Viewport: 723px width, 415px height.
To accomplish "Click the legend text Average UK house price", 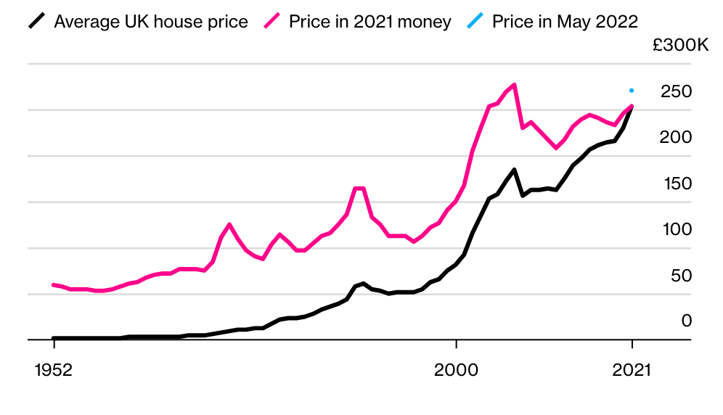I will click(150, 22).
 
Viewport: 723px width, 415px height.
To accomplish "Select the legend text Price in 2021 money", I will click(369, 22).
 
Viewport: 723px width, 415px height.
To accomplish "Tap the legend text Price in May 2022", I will click(565, 22).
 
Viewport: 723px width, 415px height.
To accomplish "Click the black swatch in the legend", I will click(38, 22).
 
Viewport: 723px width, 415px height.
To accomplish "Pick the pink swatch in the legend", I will click(273, 22).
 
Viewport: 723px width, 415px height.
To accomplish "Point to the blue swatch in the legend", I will click(476, 22).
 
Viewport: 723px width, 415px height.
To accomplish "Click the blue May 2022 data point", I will click(632, 91).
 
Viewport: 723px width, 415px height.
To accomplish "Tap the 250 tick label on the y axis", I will click(676, 91).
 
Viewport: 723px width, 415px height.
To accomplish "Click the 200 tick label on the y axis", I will click(676, 137).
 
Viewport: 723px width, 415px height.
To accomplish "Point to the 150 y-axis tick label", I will click(677, 184).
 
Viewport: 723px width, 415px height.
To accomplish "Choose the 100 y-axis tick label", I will click(677, 229).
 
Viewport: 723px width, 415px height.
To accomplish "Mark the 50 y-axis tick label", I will click(680, 276).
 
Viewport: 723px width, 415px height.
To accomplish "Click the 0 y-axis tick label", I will click(686, 321).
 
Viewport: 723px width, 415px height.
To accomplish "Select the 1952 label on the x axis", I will click(54, 369).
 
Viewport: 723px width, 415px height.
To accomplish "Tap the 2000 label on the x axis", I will click(456, 369).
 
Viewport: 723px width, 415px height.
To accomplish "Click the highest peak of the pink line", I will click(514, 85).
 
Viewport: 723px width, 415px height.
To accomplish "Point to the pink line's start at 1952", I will click(54, 284).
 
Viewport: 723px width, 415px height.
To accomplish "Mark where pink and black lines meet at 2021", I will click(632, 107).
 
